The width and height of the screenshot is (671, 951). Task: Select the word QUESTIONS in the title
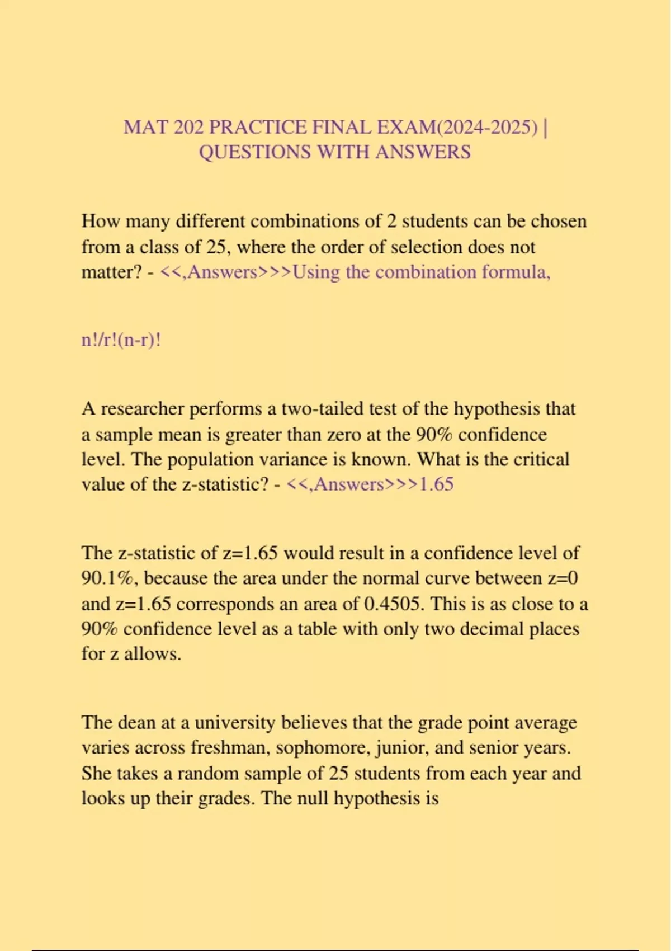[254, 152]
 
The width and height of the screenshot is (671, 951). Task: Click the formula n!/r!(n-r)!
[121, 340]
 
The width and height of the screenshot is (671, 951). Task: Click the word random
[209, 773]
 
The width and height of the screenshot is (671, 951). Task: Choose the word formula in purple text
[516, 272]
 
